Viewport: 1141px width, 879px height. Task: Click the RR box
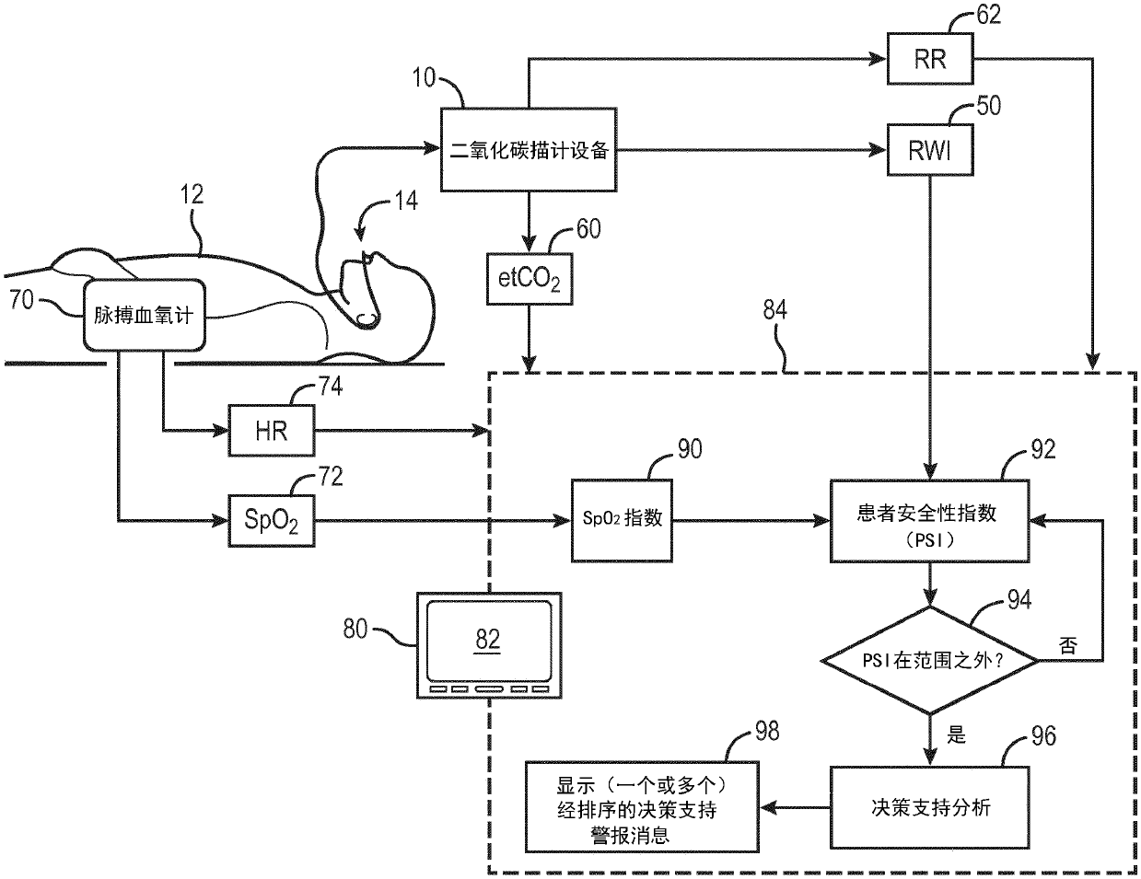[930, 59]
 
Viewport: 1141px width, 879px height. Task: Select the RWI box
[930, 150]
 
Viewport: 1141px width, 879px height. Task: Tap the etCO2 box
[530, 279]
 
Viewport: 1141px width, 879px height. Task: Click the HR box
[272, 431]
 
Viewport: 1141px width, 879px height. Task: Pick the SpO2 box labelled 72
[272, 521]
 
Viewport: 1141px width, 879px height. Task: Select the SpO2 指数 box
[622, 521]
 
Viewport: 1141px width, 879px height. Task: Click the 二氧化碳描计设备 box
[529, 150]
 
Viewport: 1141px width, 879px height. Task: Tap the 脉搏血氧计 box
[145, 315]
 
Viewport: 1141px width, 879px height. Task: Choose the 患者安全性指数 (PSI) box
[929, 521]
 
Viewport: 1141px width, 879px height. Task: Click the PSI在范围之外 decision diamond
[930, 660]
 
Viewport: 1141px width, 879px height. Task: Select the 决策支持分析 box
[929, 807]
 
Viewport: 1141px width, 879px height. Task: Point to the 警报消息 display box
[642, 807]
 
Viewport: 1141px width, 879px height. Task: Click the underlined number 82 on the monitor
[487, 640]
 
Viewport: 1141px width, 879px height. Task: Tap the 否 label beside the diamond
[1068, 645]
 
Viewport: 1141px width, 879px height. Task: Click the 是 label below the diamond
[956, 734]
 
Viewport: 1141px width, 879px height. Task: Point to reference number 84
[775, 309]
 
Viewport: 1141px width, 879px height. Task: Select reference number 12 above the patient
[192, 195]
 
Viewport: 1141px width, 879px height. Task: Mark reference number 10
[425, 77]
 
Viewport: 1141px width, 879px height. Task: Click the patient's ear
[367, 318]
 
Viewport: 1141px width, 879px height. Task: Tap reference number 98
[767, 731]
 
